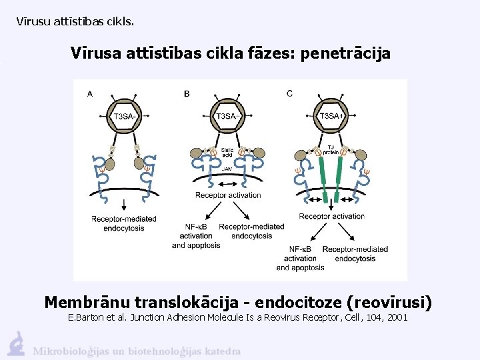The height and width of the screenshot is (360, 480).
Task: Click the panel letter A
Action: coord(90,94)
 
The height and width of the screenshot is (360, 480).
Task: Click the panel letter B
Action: coord(187,94)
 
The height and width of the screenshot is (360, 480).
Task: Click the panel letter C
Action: coord(289,93)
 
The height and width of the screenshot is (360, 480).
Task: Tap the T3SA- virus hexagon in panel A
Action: coord(125,116)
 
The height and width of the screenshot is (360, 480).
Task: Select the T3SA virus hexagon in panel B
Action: coord(227,116)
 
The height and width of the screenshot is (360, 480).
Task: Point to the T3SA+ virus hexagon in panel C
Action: coord(331,116)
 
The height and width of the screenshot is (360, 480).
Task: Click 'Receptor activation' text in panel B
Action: coord(228,195)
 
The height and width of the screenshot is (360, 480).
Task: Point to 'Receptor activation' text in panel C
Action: coord(331,216)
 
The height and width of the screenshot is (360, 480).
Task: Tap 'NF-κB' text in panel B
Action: coord(196,227)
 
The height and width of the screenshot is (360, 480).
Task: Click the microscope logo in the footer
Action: coord(16,343)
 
